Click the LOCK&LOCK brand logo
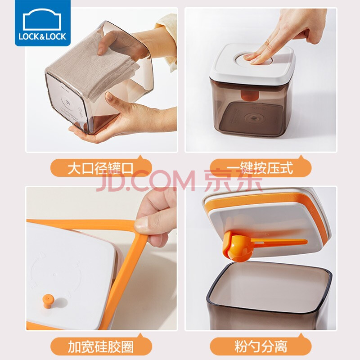click(x=43, y=23)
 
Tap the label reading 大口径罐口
click(x=100, y=168)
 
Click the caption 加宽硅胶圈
click(x=101, y=346)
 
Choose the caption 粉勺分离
click(x=261, y=346)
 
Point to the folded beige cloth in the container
click(x=92, y=67)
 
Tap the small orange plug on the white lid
click(x=48, y=301)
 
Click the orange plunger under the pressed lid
click(x=250, y=95)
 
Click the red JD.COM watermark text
click(x=146, y=181)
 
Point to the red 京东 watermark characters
click(x=233, y=181)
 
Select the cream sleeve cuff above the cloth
click(x=167, y=41)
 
